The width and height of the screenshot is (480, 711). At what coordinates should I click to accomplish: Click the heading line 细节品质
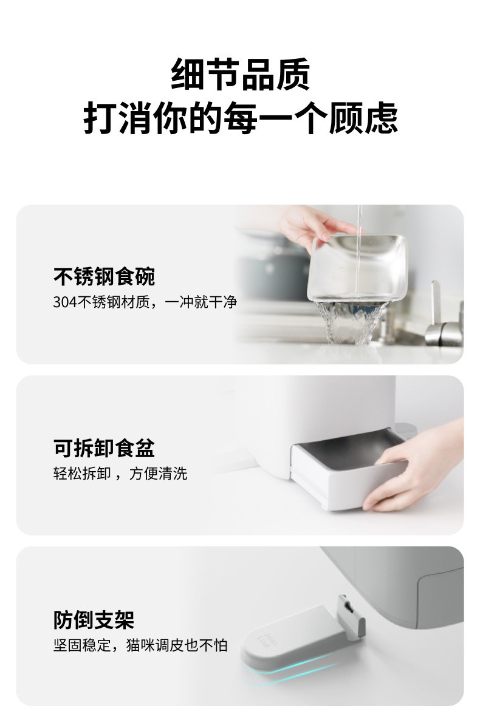click(240, 74)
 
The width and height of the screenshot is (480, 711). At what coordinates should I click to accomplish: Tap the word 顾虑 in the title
click(363, 118)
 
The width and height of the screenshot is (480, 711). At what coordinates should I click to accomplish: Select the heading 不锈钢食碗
click(104, 276)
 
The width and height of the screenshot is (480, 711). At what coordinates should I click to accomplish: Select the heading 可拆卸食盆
click(104, 448)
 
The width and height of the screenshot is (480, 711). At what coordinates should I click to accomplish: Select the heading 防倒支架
click(94, 620)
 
